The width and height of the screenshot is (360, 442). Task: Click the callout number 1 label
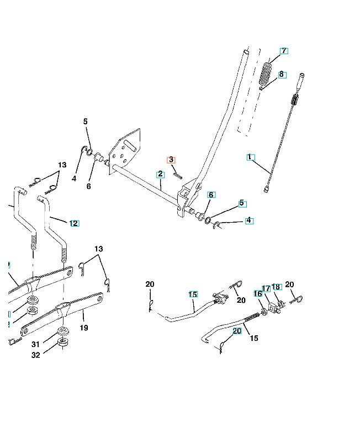[250, 157]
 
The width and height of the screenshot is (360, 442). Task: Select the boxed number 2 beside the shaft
[160, 174]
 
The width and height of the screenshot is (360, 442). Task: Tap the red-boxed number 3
[172, 160]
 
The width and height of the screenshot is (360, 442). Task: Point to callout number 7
[284, 51]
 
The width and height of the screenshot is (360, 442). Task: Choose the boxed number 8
[282, 73]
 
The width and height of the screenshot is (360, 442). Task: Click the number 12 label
[74, 223]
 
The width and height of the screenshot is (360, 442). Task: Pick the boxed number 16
[258, 293]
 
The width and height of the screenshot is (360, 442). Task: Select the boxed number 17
[266, 288]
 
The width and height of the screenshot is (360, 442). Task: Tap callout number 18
[277, 287]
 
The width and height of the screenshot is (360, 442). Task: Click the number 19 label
[84, 327]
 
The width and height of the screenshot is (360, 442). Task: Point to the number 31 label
[35, 345]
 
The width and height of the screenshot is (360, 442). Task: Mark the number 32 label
[35, 356]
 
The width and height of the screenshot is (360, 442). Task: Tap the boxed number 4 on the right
[249, 220]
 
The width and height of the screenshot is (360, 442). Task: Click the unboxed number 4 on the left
[74, 178]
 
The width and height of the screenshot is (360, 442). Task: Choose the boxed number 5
[242, 203]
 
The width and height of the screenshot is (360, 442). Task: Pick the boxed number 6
[211, 195]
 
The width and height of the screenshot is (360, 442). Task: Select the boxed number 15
[193, 294]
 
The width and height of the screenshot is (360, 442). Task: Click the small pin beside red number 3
[177, 173]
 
